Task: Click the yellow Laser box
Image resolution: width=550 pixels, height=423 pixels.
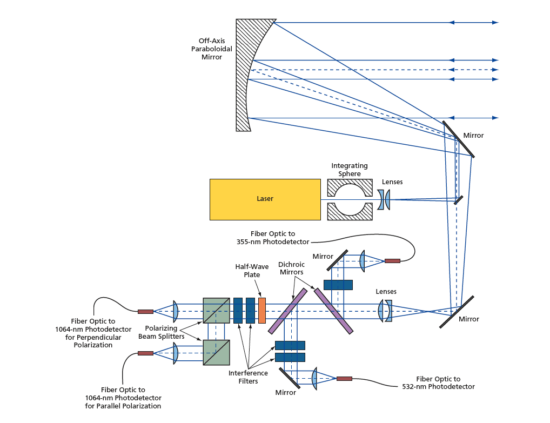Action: [x=265, y=199]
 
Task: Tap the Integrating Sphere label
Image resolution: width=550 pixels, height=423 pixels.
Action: [x=349, y=170]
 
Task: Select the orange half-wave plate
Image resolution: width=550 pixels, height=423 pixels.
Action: [x=262, y=311]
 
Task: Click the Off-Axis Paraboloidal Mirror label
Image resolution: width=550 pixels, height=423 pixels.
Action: [x=216, y=49]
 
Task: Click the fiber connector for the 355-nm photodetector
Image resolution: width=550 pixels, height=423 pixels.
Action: [x=392, y=261]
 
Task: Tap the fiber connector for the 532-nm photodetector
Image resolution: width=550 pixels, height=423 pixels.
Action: [x=344, y=379]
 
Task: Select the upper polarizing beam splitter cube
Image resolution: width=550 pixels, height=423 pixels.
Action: [x=216, y=311]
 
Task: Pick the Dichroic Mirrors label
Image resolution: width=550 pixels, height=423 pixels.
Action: [x=291, y=268]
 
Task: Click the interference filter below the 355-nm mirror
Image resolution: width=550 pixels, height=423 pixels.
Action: [x=338, y=285]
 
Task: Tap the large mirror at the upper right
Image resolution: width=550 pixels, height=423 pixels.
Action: [x=458, y=139]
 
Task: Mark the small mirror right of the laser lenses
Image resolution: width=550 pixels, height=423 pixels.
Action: [x=458, y=199]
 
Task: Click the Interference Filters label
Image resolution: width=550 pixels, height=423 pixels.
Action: [x=249, y=377]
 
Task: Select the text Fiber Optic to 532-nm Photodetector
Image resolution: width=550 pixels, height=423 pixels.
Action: [x=438, y=382]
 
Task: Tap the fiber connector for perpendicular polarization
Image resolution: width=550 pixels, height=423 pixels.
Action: [x=145, y=311]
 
